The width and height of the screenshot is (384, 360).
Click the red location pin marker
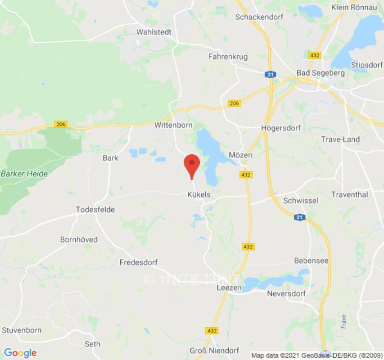coord(192,165)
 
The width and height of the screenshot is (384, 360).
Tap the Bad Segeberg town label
coord(321,73)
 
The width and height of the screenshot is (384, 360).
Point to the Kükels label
coord(198,195)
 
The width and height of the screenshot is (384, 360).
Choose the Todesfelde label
coord(95,210)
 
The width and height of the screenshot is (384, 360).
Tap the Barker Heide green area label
coord(24,173)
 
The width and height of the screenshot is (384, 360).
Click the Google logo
coord(20,353)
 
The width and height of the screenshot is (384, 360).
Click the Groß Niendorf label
coord(213,351)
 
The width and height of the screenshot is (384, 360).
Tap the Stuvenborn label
coord(22,330)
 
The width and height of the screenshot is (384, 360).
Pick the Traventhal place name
coord(349,194)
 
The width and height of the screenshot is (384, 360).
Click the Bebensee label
coord(311,261)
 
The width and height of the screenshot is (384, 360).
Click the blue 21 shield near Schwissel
coord(300,217)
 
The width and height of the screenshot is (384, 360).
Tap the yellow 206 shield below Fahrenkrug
coord(234,103)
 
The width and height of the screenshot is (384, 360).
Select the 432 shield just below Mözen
coord(246,175)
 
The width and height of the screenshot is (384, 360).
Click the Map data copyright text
coord(317,355)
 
